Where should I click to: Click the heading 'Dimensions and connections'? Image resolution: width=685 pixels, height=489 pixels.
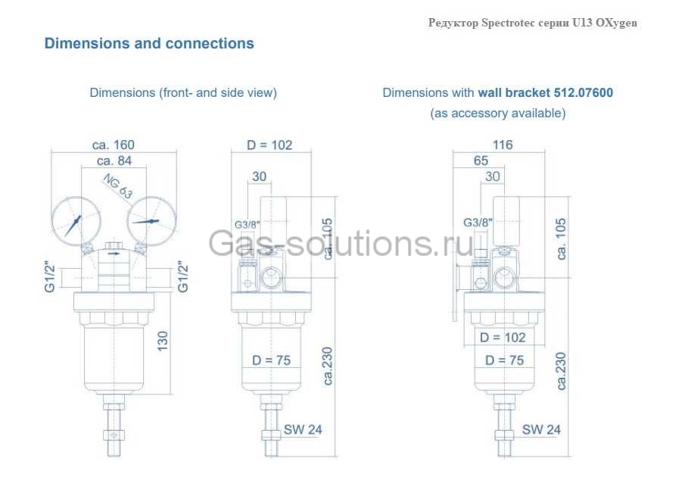click(x=149, y=43)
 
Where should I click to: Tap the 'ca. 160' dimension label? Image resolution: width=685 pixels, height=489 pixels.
click(x=114, y=145)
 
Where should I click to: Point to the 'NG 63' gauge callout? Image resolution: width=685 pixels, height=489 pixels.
click(x=117, y=185)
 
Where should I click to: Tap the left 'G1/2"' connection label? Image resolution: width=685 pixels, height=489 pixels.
click(x=50, y=278)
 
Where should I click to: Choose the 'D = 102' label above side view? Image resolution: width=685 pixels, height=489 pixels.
click(x=269, y=145)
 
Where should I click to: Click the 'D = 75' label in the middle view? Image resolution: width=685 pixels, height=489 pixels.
click(x=271, y=360)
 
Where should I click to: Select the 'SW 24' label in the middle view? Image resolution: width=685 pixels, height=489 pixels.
click(x=303, y=429)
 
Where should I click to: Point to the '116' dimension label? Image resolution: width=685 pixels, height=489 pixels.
click(x=502, y=145)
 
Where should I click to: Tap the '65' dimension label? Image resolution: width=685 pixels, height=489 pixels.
click(x=481, y=160)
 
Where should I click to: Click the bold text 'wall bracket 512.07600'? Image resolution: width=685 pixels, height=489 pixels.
click(x=545, y=93)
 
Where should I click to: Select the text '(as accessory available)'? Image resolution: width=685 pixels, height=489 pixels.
click(x=497, y=114)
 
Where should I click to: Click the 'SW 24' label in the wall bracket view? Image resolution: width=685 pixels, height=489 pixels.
click(x=541, y=429)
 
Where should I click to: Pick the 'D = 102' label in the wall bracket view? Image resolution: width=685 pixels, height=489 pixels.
click(x=503, y=338)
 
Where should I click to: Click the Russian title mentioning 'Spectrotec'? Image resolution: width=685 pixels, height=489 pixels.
click(x=532, y=23)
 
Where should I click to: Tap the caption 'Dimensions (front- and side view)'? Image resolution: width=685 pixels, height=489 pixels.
click(x=183, y=93)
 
